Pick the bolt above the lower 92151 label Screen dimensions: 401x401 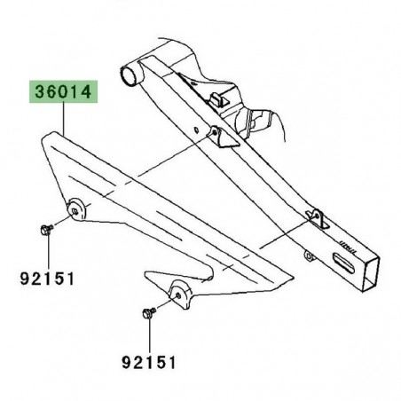(146, 311)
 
